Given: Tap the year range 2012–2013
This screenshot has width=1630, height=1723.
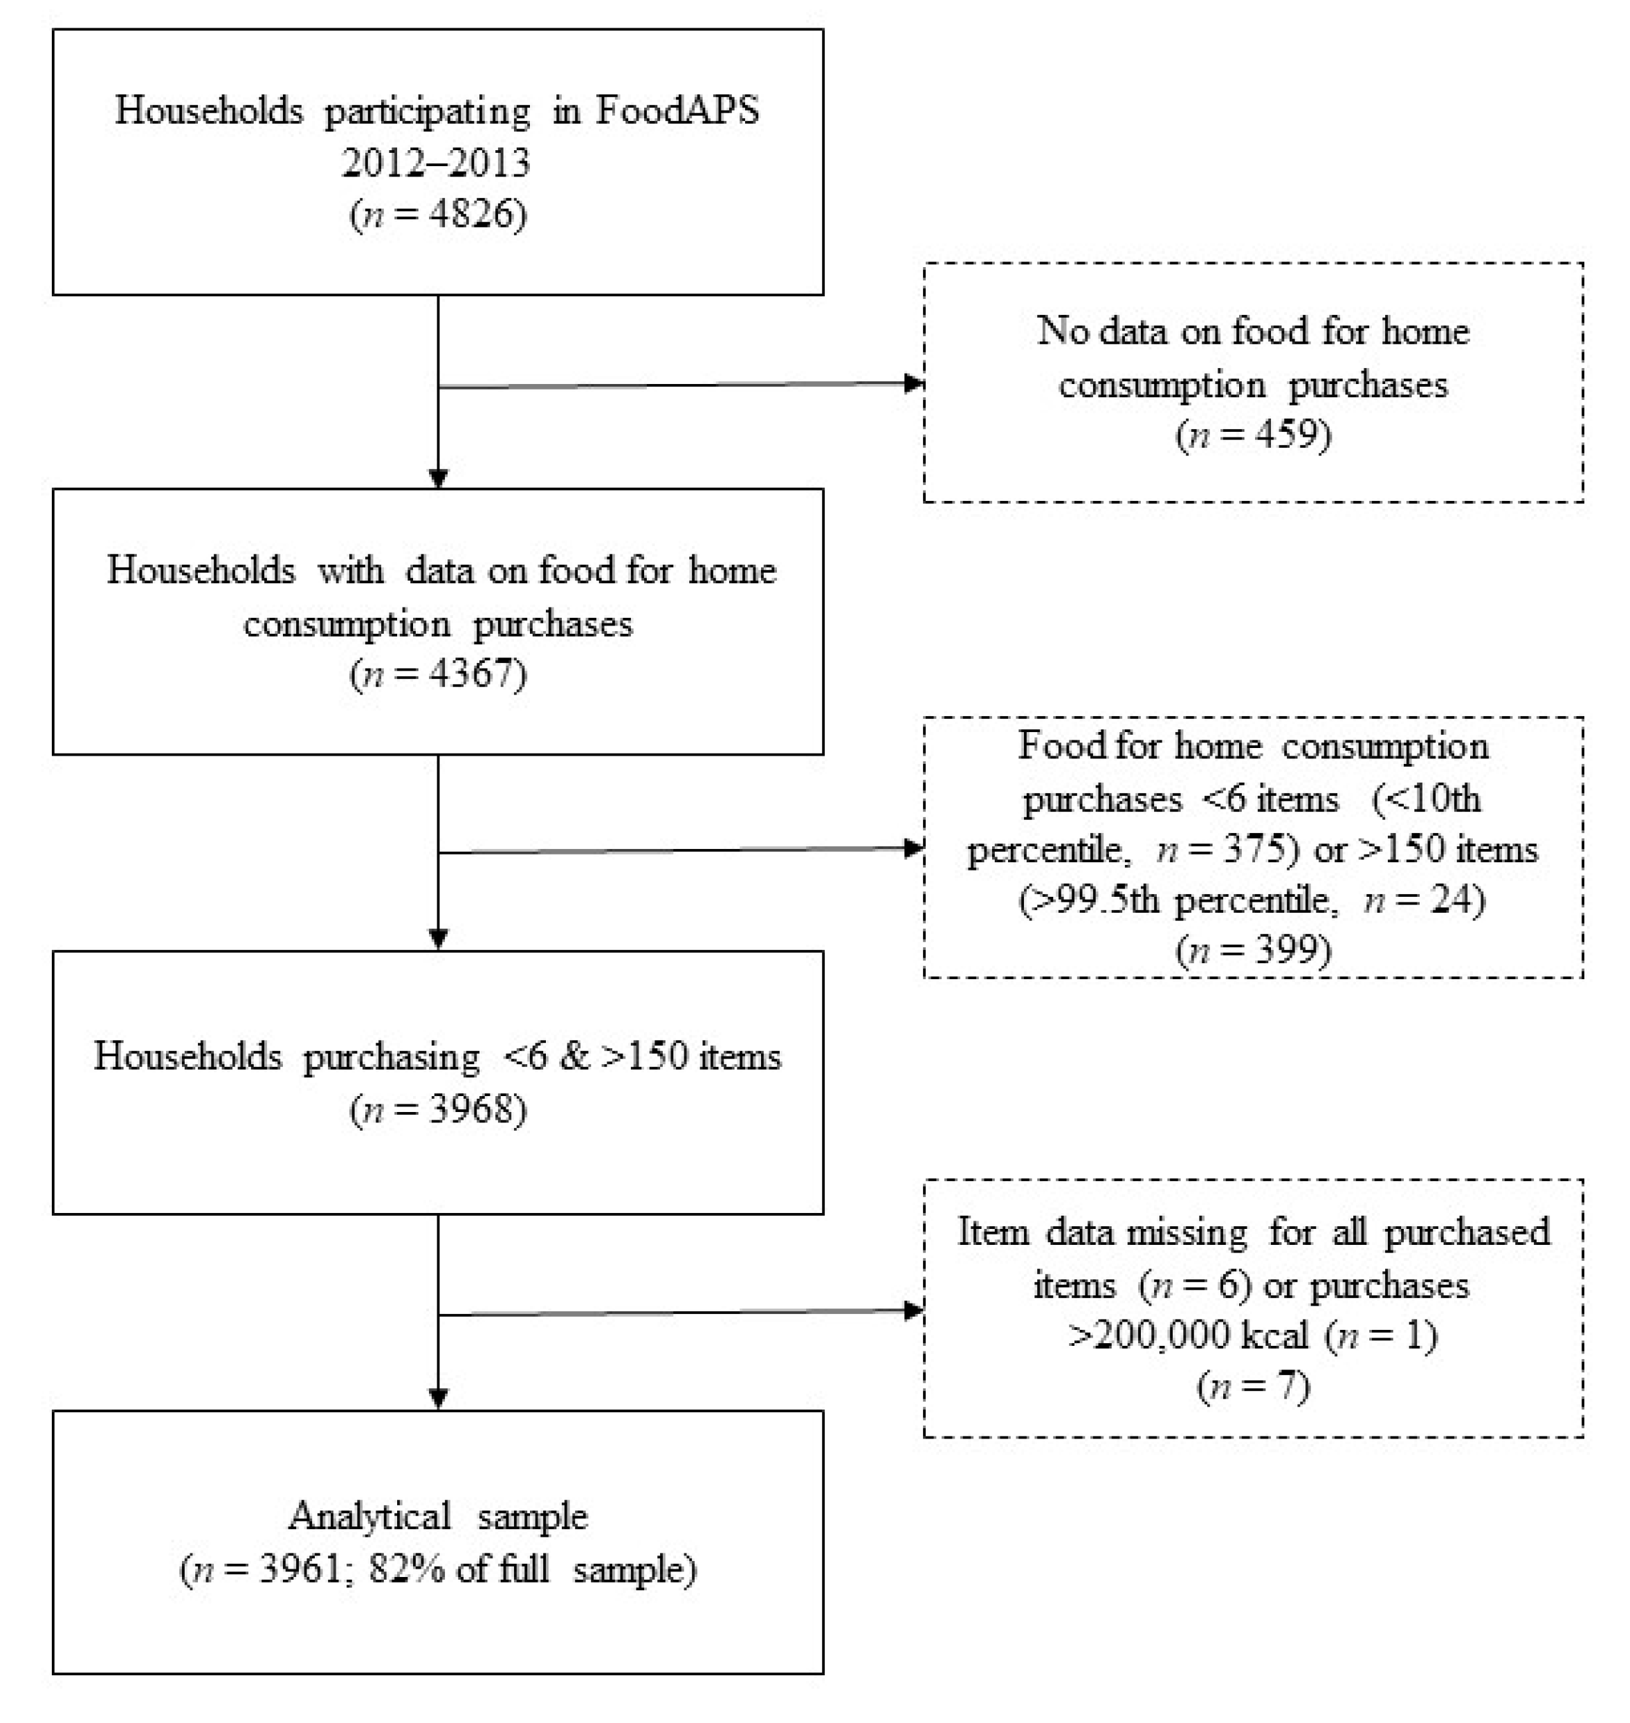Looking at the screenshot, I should point(436,163).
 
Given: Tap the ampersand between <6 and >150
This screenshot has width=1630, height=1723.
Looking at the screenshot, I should point(574,1057).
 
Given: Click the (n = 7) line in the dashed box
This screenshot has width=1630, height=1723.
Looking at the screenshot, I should point(1253,1386).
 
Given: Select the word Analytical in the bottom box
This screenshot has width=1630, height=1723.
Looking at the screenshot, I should point(369,1516).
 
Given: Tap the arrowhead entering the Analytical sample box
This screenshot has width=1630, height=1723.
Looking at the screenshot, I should point(438,1398).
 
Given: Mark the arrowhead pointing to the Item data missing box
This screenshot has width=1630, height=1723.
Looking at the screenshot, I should point(913,1311).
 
